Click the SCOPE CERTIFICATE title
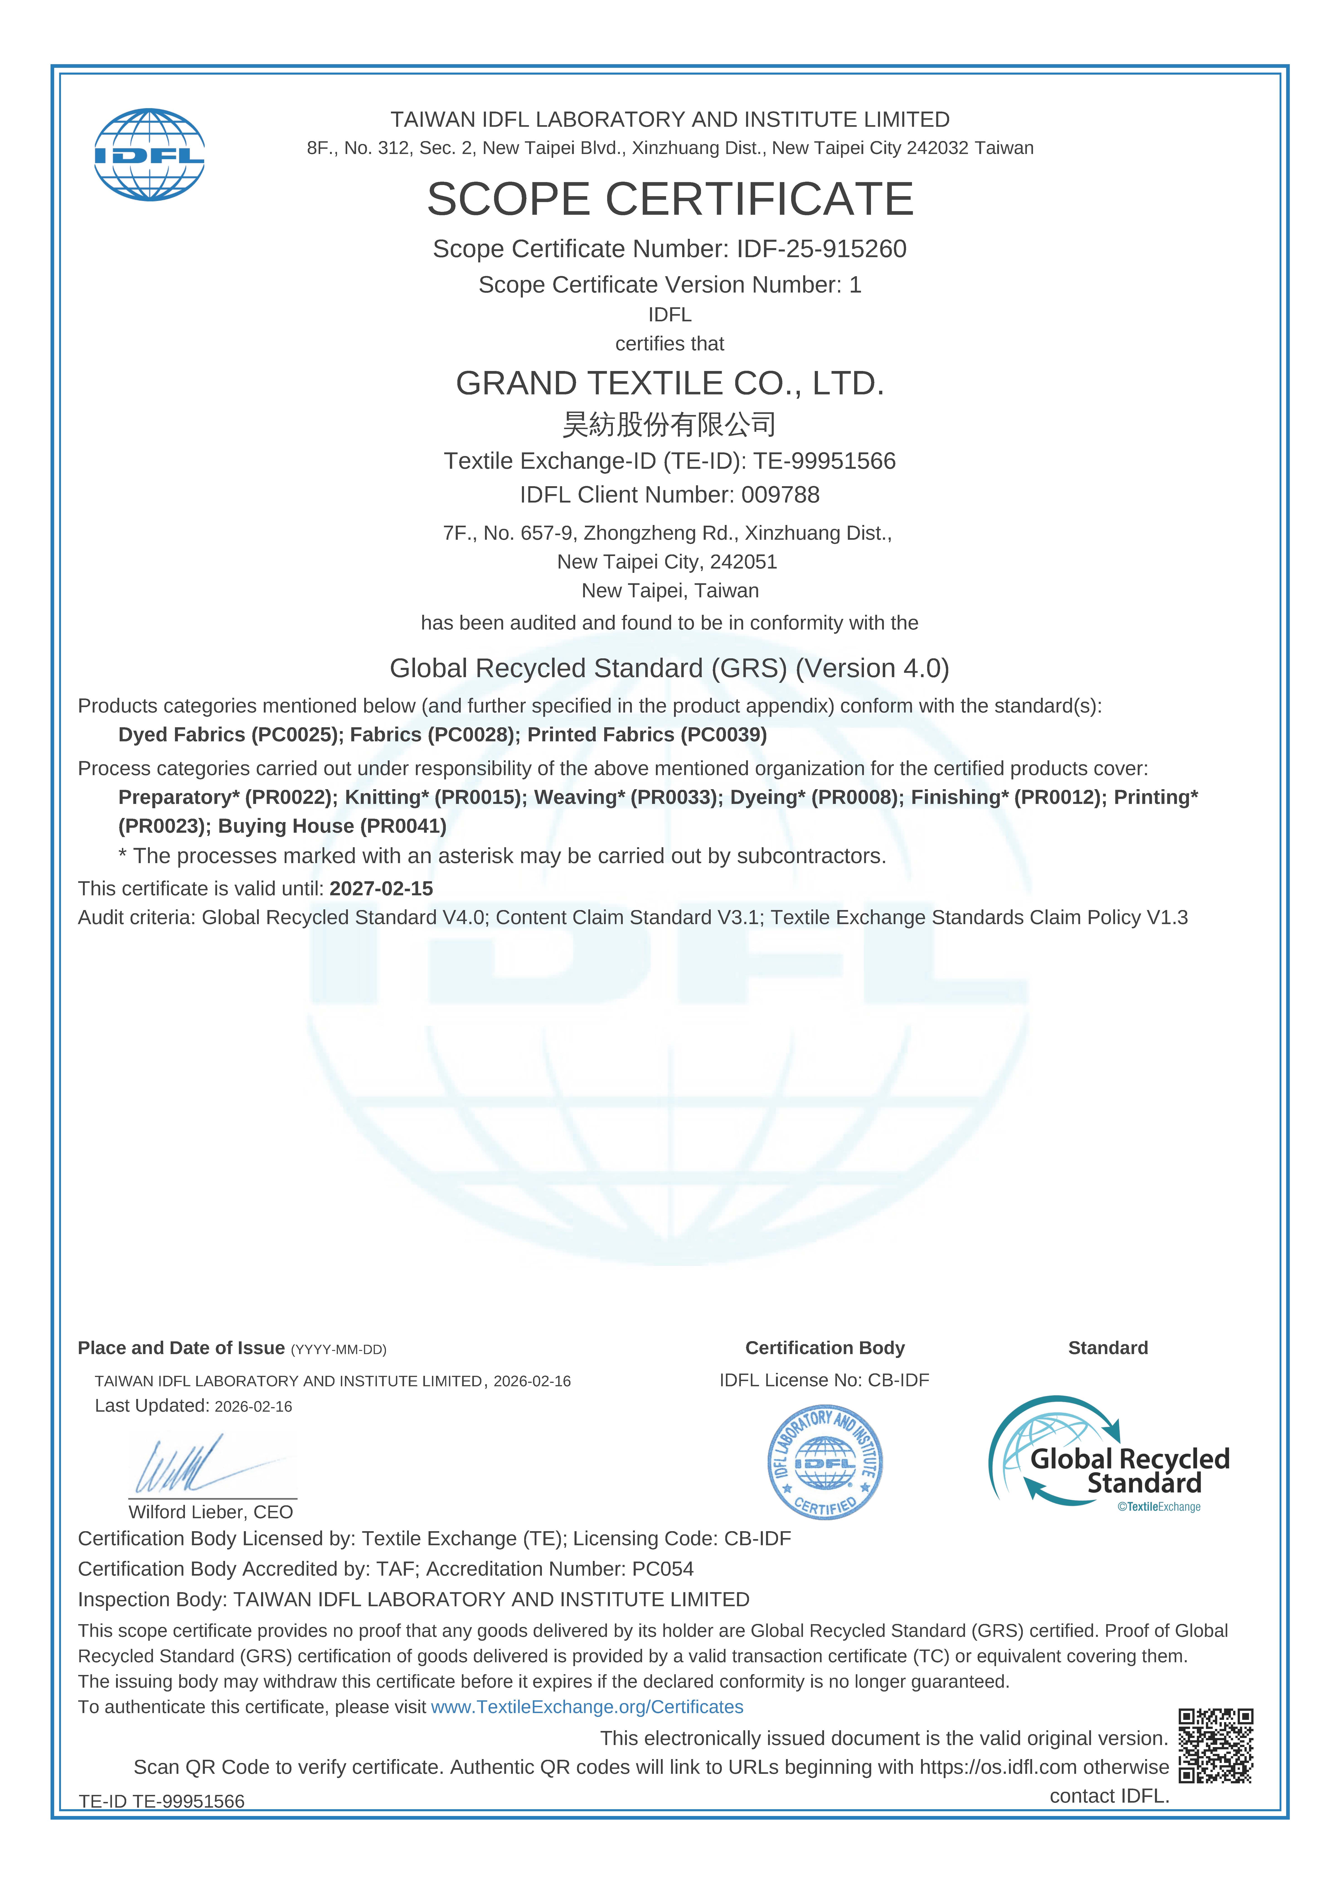click(670, 199)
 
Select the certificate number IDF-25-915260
click(821, 249)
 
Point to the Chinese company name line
click(670, 424)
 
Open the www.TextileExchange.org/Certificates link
click(587, 1707)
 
